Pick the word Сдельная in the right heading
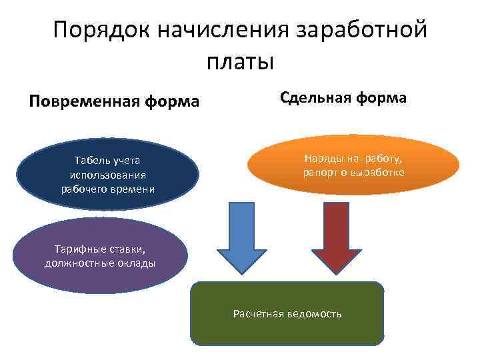pos(316,98)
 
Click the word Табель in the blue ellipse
pos(91,160)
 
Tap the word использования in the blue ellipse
pos(108,175)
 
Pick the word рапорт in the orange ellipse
pos(319,173)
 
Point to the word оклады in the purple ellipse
pos(137,263)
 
